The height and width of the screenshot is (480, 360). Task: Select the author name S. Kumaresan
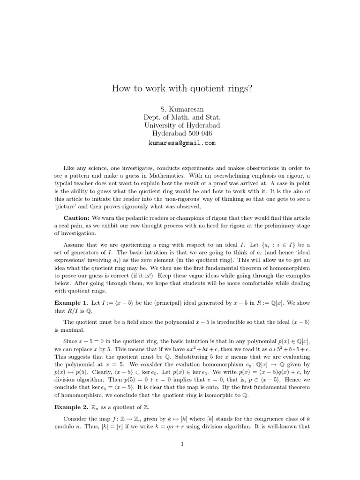pos(180,108)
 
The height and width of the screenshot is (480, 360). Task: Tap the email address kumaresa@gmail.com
pos(180,143)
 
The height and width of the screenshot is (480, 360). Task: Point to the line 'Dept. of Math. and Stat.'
pos(180,117)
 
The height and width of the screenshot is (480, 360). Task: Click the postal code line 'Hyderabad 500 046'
pos(180,134)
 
